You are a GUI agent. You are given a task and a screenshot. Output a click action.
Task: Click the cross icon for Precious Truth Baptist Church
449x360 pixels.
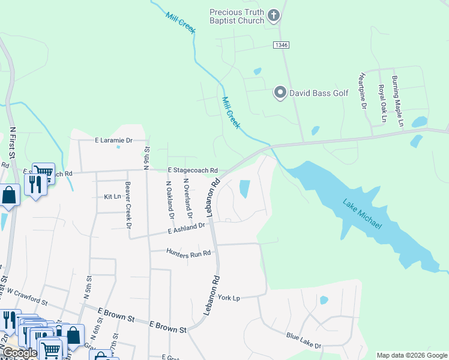click(273, 16)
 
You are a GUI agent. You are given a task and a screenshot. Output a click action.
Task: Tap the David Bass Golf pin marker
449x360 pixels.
click(280, 93)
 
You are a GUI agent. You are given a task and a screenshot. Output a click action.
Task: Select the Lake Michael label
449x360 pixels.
click(362, 213)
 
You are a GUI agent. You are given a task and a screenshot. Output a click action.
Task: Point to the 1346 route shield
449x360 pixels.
click(280, 45)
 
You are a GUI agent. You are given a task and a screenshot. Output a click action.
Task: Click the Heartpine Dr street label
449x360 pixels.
click(363, 91)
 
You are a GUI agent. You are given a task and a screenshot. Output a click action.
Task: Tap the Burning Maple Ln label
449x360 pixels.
click(398, 101)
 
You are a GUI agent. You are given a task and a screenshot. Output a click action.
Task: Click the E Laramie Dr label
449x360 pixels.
click(113, 140)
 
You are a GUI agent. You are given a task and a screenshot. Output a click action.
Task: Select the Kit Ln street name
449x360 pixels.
click(112, 197)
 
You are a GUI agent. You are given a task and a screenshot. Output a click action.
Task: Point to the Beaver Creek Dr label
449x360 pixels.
click(128, 205)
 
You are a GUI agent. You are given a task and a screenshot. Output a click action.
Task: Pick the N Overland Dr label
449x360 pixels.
click(187, 198)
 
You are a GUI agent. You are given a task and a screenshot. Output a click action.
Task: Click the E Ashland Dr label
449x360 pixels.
click(187, 228)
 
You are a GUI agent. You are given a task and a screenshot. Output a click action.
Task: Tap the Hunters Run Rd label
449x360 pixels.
click(188, 253)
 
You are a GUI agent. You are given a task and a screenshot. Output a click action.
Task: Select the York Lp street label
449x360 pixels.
click(229, 298)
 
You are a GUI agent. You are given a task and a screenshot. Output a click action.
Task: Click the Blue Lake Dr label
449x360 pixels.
click(304, 341)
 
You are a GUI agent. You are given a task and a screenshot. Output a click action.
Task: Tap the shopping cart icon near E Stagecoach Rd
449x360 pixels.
click(43, 172)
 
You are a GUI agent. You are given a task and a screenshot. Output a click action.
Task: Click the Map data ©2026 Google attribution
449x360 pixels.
click(412, 355)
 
